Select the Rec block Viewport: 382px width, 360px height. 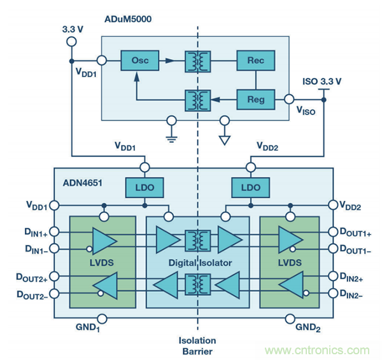tap(255, 61)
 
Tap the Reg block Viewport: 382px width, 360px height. tap(255, 100)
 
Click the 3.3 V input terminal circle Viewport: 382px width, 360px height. tap(71, 42)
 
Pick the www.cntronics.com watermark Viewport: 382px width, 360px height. tap(318, 350)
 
